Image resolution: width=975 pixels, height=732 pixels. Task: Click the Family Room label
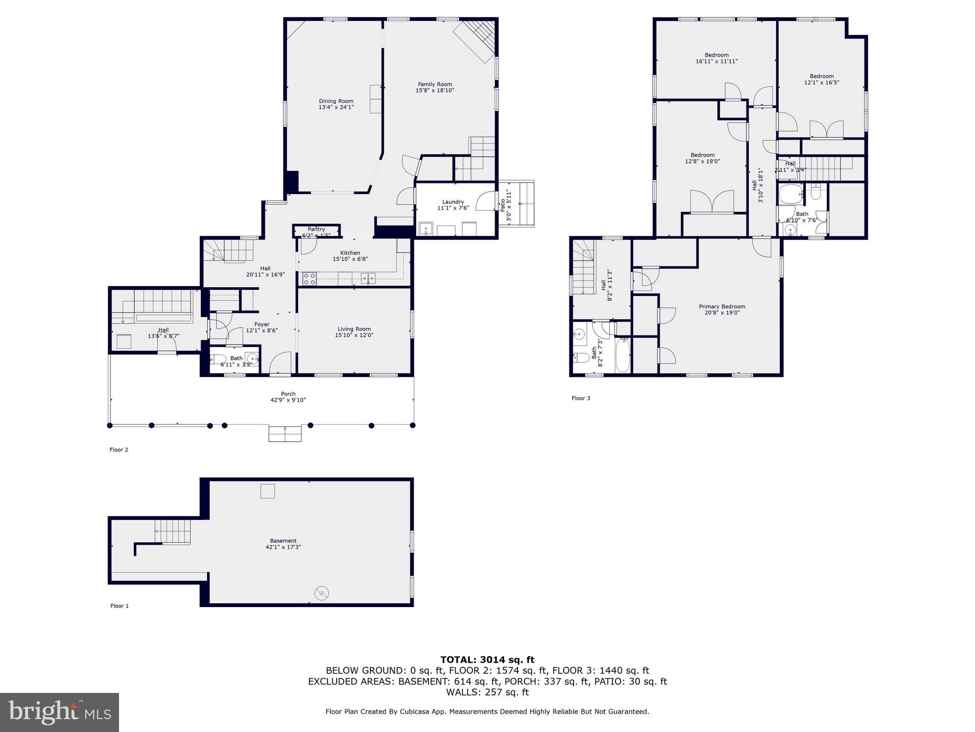435,84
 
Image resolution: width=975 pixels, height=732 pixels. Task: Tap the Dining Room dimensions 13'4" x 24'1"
336,107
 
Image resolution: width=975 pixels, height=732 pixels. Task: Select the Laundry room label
453,202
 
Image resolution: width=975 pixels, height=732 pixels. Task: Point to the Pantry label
316,229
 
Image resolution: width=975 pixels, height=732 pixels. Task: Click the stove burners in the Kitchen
309,279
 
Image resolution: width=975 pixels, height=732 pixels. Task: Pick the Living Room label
354,329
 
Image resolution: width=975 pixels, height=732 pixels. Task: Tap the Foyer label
262,325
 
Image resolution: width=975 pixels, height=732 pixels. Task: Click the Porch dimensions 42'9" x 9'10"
288,400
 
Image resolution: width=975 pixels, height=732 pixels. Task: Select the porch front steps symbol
285,434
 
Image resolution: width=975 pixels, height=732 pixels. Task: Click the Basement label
283,540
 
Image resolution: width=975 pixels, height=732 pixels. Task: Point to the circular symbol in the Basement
322,593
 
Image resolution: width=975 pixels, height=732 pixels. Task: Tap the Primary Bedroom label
722,306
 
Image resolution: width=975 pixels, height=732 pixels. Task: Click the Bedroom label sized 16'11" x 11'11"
716,55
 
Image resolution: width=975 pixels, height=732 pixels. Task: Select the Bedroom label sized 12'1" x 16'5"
822,76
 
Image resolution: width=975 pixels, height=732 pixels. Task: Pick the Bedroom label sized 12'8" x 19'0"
702,155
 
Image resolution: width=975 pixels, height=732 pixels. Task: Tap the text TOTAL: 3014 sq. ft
487,660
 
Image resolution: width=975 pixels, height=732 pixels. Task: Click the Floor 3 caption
581,398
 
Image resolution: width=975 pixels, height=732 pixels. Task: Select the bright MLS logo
60,712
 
